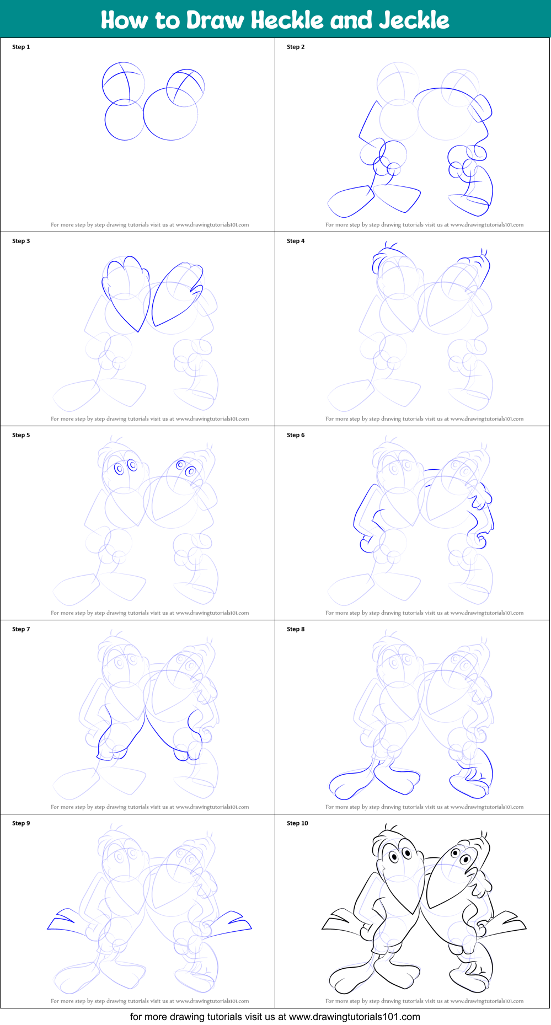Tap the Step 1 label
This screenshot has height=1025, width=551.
click(21, 47)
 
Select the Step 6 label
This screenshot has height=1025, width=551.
click(296, 435)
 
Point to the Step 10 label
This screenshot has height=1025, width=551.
click(297, 823)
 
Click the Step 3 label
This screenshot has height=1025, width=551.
click(21, 241)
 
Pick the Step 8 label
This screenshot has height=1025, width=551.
click(296, 629)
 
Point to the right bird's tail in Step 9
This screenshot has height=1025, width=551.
click(232, 922)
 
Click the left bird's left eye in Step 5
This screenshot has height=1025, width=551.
click(119, 469)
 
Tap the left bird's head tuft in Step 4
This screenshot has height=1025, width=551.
click(390, 246)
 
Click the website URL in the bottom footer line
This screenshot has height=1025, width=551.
click(354, 1017)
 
